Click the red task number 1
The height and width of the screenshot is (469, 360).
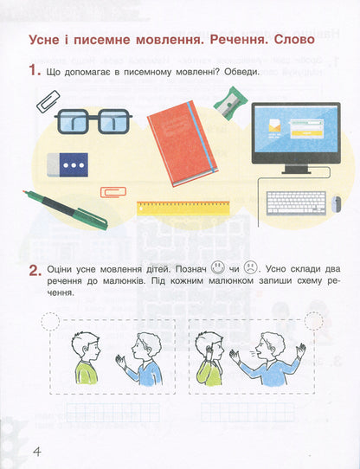(x=35, y=72)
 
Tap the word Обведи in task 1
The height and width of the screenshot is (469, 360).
(x=241, y=73)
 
